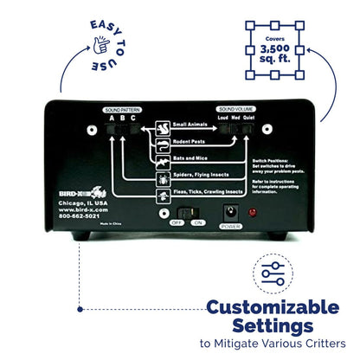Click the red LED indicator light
pyautogui.click(x=252, y=211)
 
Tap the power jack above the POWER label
pyautogui.click(x=231, y=210)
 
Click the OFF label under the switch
pyautogui.click(x=176, y=222)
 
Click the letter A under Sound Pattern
pyautogui.click(x=111, y=118)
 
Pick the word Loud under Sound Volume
pyautogui.click(x=222, y=118)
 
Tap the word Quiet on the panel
pyautogui.click(x=249, y=118)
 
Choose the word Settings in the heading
pyautogui.click(x=274, y=325)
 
